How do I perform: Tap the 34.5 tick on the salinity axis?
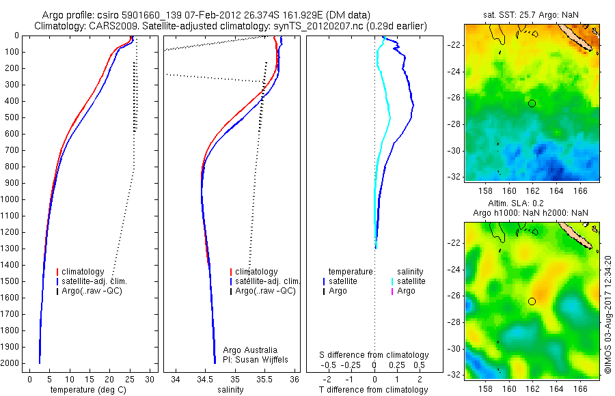pyautogui.click(x=204, y=379)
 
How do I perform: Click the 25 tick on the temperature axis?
pyautogui.click(x=130, y=379)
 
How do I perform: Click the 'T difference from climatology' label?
pyautogui.click(x=373, y=390)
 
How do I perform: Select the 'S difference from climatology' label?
pyautogui.click(x=374, y=355)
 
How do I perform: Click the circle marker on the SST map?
pyautogui.click(x=532, y=103)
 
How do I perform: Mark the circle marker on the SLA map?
pyautogui.click(x=532, y=301)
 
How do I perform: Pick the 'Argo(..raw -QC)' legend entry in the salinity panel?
pyautogui.click(x=265, y=291)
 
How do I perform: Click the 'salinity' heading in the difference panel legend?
pyautogui.click(x=413, y=271)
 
